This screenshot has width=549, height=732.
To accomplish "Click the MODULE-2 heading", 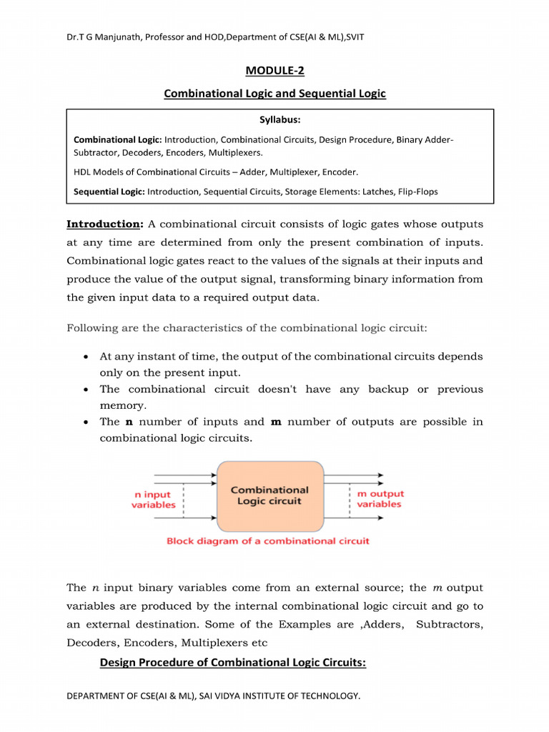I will pyautogui.click(x=274, y=70).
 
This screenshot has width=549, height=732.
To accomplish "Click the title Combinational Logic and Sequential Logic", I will pyautogui.click(x=274, y=94).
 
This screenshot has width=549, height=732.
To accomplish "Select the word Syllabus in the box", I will pyautogui.click(x=280, y=119).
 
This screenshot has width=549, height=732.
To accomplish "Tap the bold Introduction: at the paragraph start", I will pyautogui.click(x=105, y=224).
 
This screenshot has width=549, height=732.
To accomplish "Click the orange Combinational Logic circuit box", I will pyautogui.click(x=269, y=495).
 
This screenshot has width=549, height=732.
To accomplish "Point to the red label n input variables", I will pyautogui.click(x=153, y=499).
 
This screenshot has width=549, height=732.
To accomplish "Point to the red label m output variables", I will pyautogui.click(x=380, y=499).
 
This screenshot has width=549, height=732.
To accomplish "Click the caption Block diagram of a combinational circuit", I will pyautogui.click(x=268, y=541).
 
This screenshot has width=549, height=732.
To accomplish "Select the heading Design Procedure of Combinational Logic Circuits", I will pyautogui.click(x=232, y=663).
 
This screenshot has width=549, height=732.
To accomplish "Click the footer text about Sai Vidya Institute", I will pyautogui.click(x=213, y=696).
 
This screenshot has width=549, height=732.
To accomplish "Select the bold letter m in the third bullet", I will pyautogui.click(x=277, y=422).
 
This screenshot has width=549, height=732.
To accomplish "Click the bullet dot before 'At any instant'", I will pyautogui.click(x=86, y=357).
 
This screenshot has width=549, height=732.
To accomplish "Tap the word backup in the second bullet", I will pyautogui.click(x=388, y=390).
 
